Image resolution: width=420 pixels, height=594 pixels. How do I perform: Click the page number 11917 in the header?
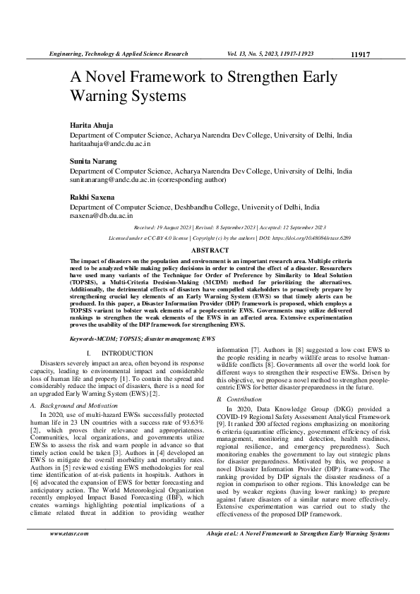(x=360, y=54)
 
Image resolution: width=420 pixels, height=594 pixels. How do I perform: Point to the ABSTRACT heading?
(x=210, y=250)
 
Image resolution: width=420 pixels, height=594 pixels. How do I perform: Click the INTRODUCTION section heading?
(x=122, y=352)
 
